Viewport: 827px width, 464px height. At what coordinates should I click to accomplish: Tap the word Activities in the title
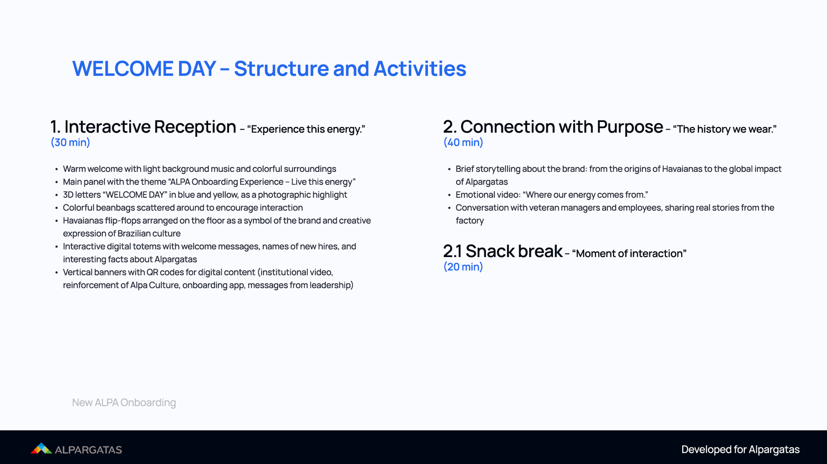click(420, 69)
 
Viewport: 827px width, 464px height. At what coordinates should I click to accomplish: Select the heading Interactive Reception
click(150, 127)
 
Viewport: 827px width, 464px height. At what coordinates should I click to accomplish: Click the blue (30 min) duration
click(70, 142)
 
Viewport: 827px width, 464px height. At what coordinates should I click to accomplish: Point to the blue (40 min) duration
click(463, 142)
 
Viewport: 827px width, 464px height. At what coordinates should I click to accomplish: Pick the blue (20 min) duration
click(463, 267)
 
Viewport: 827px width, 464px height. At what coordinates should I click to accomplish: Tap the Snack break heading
click(513, 251)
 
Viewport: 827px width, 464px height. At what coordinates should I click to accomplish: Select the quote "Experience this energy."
click(306, 129)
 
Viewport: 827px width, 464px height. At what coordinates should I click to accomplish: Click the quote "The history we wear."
click(725, 129)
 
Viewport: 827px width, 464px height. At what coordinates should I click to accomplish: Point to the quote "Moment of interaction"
click(629, 253)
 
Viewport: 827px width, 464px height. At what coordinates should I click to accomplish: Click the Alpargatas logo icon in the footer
click(41, 449)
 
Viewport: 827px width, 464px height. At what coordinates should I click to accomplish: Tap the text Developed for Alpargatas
click(740, 450)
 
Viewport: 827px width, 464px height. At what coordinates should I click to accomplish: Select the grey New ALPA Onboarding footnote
click(124, 403)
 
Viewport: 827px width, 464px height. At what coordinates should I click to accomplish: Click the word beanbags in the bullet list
click(115, 207)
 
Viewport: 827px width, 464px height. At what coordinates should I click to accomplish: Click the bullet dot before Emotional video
click(449, 195)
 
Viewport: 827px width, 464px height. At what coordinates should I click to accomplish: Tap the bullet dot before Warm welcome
click(56, 169)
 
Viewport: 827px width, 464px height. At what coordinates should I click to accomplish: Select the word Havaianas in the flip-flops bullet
click(83, 220)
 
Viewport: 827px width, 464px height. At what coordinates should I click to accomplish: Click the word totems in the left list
click(147, 246)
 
